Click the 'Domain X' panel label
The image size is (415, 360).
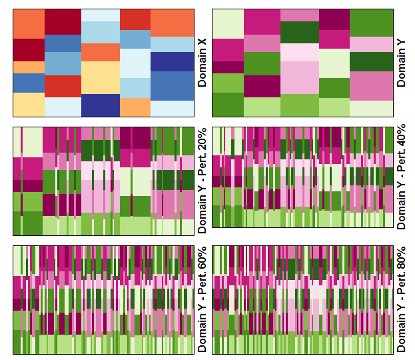click(202, 63)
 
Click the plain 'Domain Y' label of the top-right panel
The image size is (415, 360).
click(401, 63)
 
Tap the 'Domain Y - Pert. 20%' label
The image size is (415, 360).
click(202, 181)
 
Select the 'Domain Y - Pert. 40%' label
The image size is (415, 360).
click(401, 177)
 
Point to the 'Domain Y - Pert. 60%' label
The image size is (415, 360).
click(202, 299)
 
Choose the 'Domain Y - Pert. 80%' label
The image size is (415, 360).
click(401, 299)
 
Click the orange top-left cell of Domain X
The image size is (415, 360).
click(29, 24)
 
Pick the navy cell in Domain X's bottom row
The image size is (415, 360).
click(101, 105)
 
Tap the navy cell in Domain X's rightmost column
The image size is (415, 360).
click(173, 62)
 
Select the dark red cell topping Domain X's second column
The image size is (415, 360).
click(63, 22)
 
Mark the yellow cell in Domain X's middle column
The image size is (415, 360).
click(101, 77)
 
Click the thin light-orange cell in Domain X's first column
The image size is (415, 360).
click(29, 67)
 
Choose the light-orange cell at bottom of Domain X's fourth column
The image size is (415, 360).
click(135, 107)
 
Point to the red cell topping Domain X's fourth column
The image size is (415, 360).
click(135, 19)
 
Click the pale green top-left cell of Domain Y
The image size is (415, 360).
click(228, 24)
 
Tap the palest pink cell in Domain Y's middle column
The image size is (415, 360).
click(300, 52)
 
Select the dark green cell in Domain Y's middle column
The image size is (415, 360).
click(300, 32)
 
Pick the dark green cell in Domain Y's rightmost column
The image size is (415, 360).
click(371, 62)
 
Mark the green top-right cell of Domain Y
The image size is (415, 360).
click(371, 23)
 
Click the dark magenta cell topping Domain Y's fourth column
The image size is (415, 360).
click(334, 19)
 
